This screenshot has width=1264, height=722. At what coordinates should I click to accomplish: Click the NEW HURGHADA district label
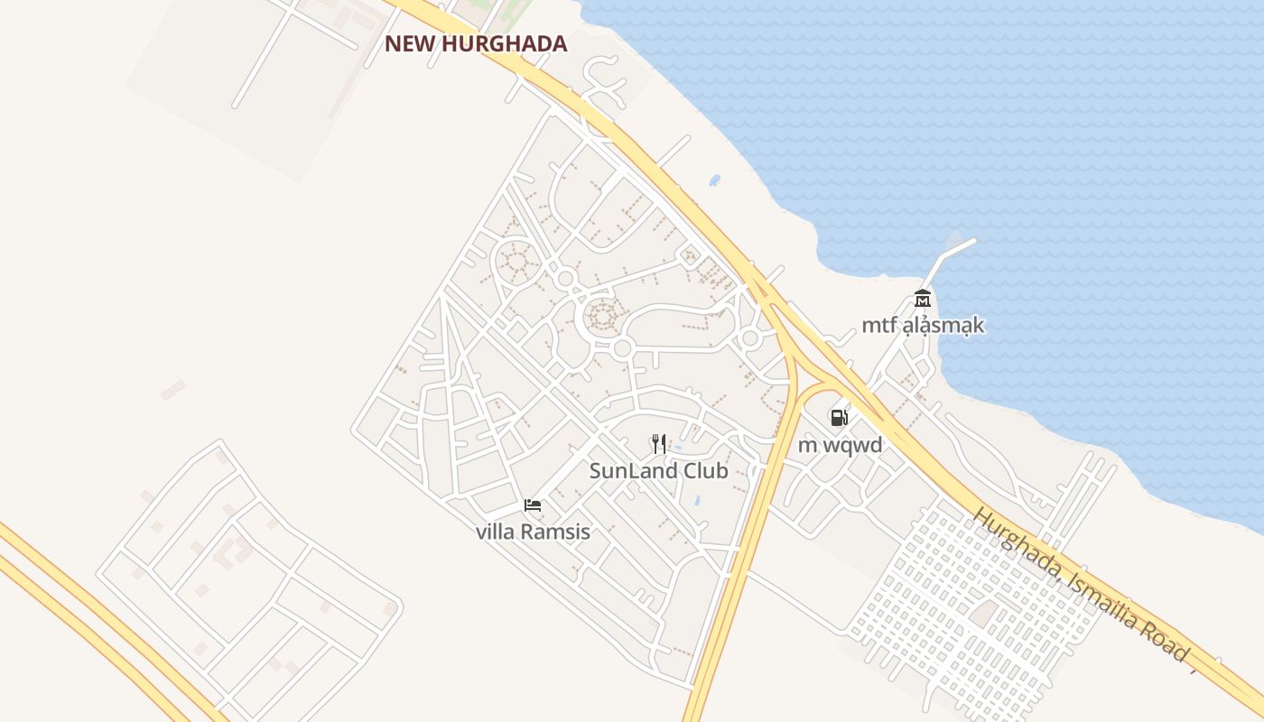(476, 43)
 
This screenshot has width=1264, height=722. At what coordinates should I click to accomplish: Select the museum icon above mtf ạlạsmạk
(922, 299)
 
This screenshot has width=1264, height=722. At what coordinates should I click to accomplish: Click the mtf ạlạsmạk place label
(922, 325)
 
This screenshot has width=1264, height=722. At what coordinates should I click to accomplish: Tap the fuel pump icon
(839, 417)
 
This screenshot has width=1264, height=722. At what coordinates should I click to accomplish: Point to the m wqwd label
(840, 444)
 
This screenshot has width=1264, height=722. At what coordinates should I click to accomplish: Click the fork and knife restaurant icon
(658, 443)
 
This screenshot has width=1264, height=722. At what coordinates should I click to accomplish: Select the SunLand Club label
(658, 470)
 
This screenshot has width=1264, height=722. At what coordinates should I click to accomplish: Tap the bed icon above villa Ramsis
(533, 504)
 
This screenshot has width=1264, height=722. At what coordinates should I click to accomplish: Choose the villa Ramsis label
(533, 532)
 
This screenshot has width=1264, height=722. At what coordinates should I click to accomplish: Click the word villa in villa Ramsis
(494, 532)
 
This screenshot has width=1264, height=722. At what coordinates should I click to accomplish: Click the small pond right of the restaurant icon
(679, 448)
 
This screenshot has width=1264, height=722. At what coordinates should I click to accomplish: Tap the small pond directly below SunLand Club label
(696, 499)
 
